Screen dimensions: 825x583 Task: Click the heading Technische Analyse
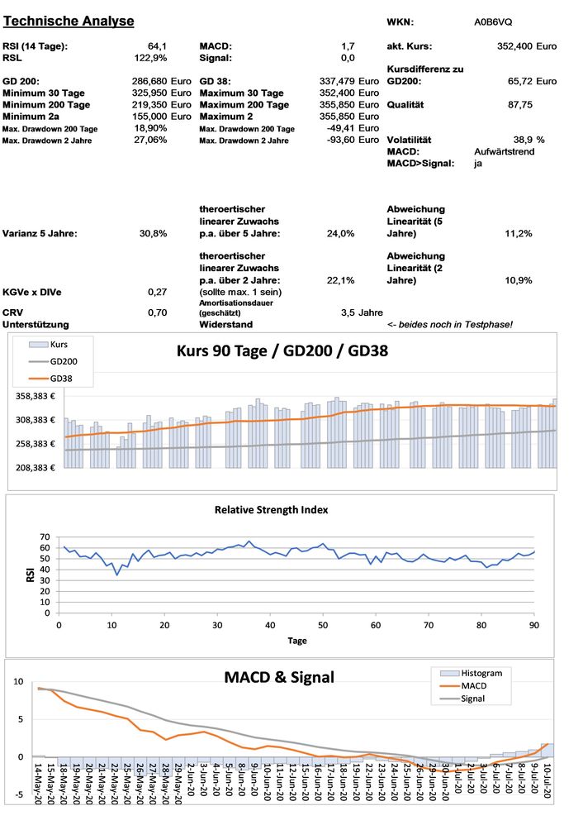(x=69, y=21)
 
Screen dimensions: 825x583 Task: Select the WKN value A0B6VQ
(x=493, y=21)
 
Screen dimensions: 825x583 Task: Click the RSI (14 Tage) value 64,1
(x=157, y=46)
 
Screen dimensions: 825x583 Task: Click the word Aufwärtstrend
(x=503, y=152)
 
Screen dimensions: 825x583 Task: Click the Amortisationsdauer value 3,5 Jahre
(x=362, y=312)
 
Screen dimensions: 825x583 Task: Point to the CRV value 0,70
(x=157, y=312)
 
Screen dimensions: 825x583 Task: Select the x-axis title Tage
(x=297, y=641)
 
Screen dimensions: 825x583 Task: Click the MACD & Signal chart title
(x=279, y=677)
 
